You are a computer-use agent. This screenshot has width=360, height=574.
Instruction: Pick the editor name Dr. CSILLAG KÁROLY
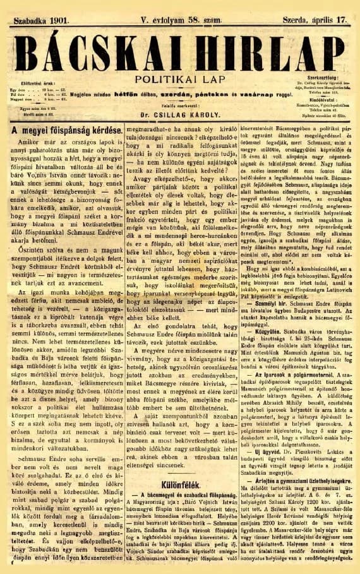click(x=179, y=116)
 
